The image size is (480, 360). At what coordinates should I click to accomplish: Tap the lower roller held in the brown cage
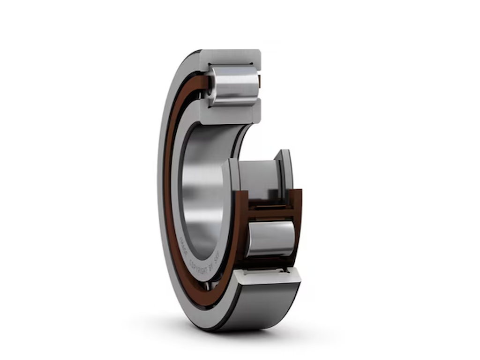pos(271,239)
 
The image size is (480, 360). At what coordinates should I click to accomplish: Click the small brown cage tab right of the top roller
pos(259,82)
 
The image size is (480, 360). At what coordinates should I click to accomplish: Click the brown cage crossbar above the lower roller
pos(269,213)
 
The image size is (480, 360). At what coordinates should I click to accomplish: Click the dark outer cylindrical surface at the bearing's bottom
pos(262,305)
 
